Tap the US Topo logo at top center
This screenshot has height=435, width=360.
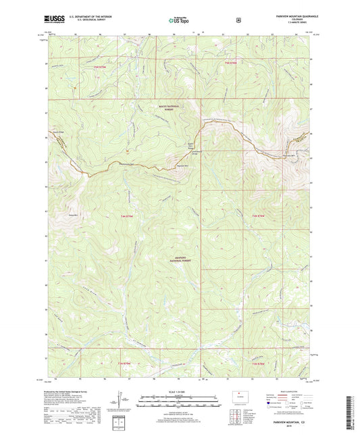pos(179,21)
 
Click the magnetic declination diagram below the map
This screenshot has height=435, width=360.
pos(124,404)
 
